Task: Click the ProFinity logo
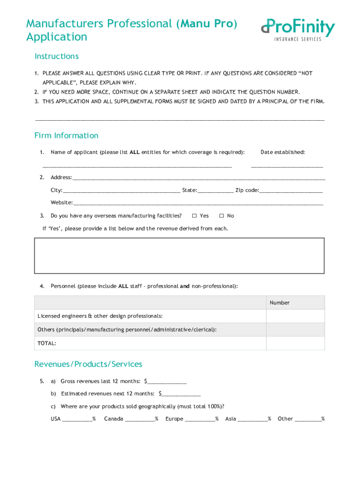click(x=298, y=29)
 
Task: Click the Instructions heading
click(x=57, y=56)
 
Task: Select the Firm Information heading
click(x=66, y=136)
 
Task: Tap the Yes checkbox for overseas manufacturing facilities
click(x=194, y=216)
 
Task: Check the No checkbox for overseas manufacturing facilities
click(x=221, y=216)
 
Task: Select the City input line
click(x=121, y=190)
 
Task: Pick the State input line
click(x=216, y=190)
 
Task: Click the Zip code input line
click(x=290, y=190)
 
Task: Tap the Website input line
click(x=198, y=203)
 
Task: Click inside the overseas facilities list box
click(x=179, y=255)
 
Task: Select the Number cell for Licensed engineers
click(x=295, y=316)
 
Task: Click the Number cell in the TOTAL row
click(x=295, y=343)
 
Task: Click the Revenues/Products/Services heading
click(x=88, y=364)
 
